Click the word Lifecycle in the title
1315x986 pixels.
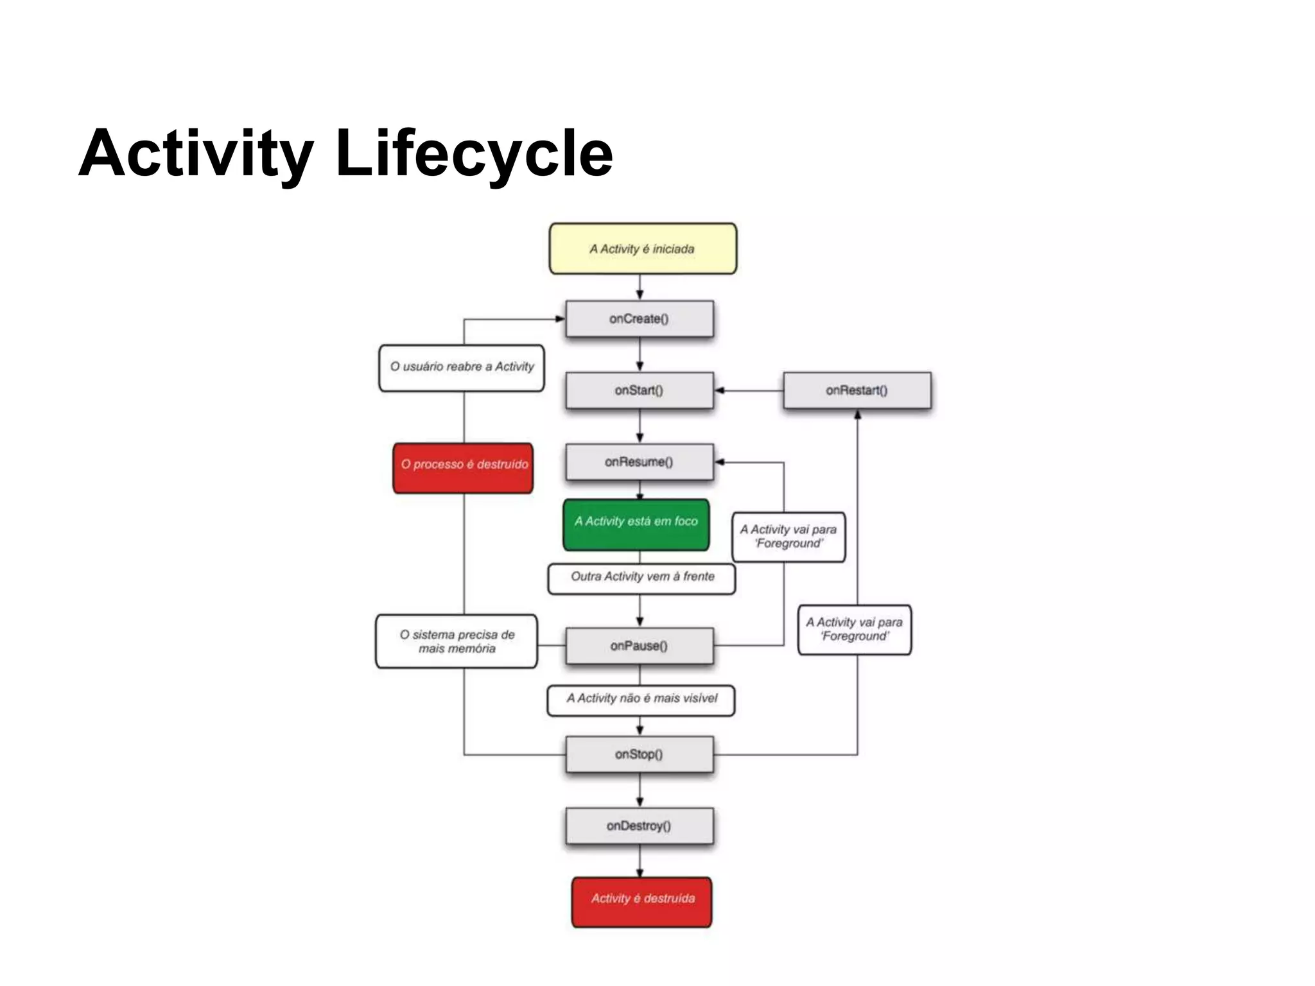(x=474, y=154)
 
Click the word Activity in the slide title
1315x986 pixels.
(x=196, y=154)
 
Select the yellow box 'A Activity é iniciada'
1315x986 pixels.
(x=643, y=248)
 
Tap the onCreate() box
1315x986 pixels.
(x=640, y=319)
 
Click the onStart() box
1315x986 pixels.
(x=640, y=390)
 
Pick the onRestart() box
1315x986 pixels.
(x=857, y=390)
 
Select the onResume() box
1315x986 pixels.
(x=640, y=462)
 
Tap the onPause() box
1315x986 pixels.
(x=640, y=646)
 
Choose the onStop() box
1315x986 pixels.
(x=640, y=754)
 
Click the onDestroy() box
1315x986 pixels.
(x=640, y=826)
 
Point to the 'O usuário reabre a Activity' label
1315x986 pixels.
(x=462, y=368)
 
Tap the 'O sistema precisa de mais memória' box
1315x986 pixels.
(x=457, y=641)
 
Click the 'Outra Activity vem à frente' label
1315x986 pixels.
(x=642, y=578)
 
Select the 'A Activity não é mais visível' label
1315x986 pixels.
(x=641, y=700)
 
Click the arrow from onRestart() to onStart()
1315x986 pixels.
(x=749, y=390)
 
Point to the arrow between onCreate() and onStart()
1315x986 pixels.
(x=640, y=354)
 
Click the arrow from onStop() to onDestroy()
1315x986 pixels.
(x=640, y=790)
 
